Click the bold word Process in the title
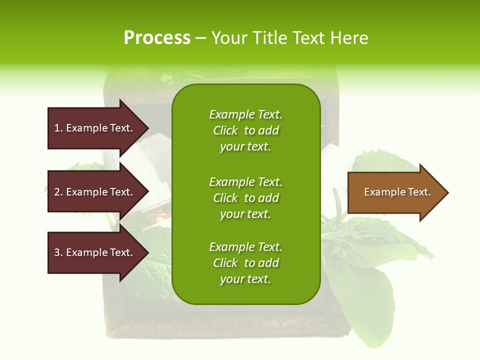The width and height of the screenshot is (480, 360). pos(157,38)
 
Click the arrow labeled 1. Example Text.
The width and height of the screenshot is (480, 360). pos(95,128)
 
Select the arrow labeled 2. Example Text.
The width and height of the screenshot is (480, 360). pos(95,192)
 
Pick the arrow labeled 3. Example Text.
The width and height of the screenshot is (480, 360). pos(95,252)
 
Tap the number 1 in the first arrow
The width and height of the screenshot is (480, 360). pos(57,128)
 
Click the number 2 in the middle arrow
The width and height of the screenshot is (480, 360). pos(57,192)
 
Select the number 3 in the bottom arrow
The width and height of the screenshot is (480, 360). pos(57,252)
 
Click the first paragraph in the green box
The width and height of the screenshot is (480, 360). pos(245,130)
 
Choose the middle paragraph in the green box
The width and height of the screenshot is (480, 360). pos(245,198)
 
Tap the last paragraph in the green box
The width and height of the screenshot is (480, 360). pos(245,263)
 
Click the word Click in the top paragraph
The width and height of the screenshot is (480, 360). pos(225,130)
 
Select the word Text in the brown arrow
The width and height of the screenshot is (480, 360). pos(417,192)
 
